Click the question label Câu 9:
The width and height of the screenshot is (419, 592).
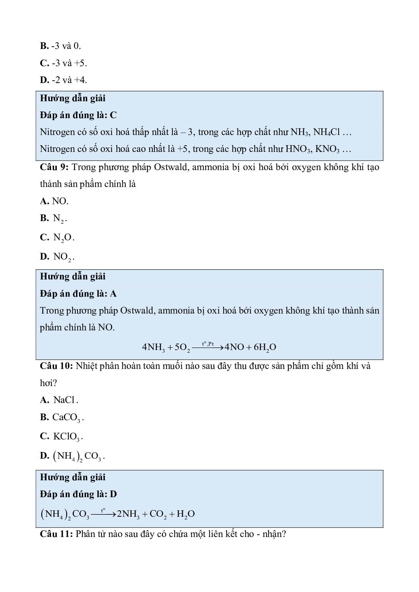[x=54, y=167]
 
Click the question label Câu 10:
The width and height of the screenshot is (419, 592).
[x=56, y=366]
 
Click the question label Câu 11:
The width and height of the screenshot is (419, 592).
[x=56, y=534]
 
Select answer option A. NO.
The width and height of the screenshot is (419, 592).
[x=54, y=201]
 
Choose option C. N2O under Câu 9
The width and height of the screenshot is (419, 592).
[x=57, y=238]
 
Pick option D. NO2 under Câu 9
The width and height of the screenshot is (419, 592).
[x=57, y=257]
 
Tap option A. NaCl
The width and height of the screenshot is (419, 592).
[x=59, y=400]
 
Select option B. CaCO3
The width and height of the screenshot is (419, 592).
[x=62, y=418]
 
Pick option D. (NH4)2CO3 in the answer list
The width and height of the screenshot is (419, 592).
[x=72, y=456]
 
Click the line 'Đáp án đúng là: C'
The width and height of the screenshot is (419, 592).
[x=78, y=115]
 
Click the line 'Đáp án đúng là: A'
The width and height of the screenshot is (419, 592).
[x=78, y=294]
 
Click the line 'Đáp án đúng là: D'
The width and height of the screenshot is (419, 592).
[x=78, y=494]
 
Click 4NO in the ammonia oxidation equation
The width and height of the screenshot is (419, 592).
[x=234, y=347]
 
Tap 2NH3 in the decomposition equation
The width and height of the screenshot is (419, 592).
[x=128, y=514]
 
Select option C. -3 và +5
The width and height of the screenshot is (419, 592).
[x=64, y=63]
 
